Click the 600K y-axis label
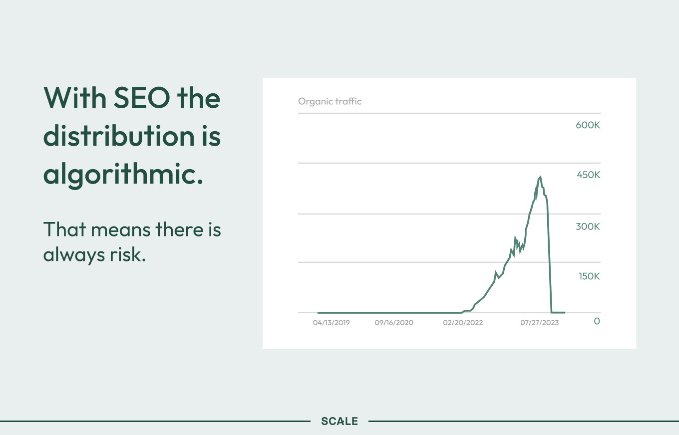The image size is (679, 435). point(588,125)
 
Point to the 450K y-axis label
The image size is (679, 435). point(588,175)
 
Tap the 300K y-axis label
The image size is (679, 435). point(588,226)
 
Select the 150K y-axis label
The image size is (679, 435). point(589,276)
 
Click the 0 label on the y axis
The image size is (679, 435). point(597,321)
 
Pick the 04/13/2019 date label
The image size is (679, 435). point(332,323)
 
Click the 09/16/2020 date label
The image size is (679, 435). point(394,323)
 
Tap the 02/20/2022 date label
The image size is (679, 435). point(463,323)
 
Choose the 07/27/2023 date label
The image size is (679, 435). point(540,323)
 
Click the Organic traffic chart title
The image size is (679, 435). point(330,101)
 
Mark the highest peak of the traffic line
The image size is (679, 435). point(541,176)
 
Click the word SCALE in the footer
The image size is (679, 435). point(339,421)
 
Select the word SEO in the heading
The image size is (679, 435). point(142,98)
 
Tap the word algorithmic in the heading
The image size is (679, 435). point(123,174)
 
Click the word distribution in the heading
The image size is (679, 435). point(119,136)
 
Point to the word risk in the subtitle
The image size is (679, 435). point(128,254)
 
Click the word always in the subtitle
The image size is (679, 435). point(74,255)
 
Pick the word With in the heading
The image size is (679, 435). point(75,97)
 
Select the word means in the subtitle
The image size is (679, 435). point(121,231)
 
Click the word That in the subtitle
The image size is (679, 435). point(65,229)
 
